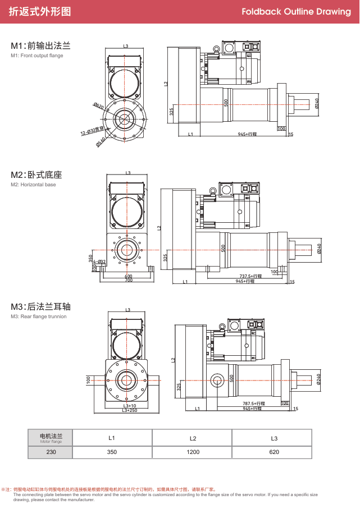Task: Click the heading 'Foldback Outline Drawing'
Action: [x=296, y=11]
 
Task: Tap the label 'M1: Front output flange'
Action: [x=37, y=56]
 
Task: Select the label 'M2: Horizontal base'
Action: [x=33, y=185]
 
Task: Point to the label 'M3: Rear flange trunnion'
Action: [x=38, y=317]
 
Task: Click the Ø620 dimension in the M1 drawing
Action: [x=99, y=106]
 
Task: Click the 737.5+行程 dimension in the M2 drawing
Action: [x=251, y=276]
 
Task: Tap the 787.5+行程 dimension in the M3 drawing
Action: [x=253, y=403]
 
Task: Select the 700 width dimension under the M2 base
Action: [x=129, y=280]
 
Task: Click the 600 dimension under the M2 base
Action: [x=129, y=276]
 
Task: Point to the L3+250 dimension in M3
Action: [x=130, y=411]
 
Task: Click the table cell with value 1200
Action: [x=192, y=452]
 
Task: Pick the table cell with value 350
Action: [x=112, y=452]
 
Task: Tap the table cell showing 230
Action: [x=51, y=452]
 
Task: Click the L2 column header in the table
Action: [x=192, y=438]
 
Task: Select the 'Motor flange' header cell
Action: [x=51, y=438]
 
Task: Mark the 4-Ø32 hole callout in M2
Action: [x=99, y=262]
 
